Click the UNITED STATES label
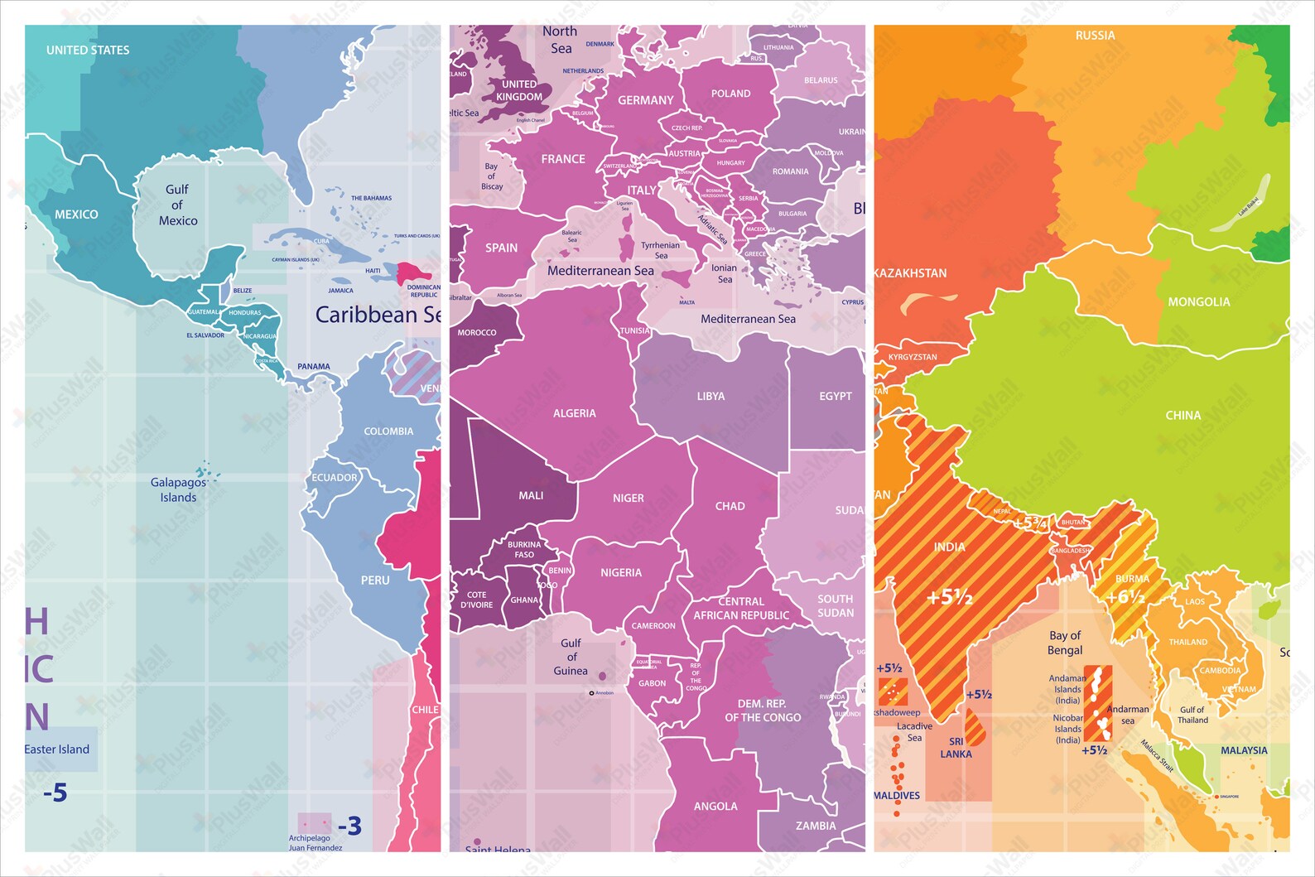click(88, 51)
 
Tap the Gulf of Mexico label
click(178, 205)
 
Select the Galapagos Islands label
click(178, 489)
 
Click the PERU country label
click(375, 581)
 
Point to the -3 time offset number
click(349, 826)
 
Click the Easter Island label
click(56, 749)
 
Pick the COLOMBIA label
click(388, 431)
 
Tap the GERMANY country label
click(646, 100)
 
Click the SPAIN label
click(501, 248)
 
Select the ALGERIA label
click(575, 413)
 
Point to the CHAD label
click(730, 506)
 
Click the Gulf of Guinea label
click(571, 657)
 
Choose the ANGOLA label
click(715, 806)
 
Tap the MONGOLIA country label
click(1199, 302)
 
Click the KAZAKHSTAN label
click(910, 273)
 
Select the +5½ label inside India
click(950, 597)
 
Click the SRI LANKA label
click(956, 748)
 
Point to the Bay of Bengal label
click(1065, 643)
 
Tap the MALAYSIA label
click(1244, 750)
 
